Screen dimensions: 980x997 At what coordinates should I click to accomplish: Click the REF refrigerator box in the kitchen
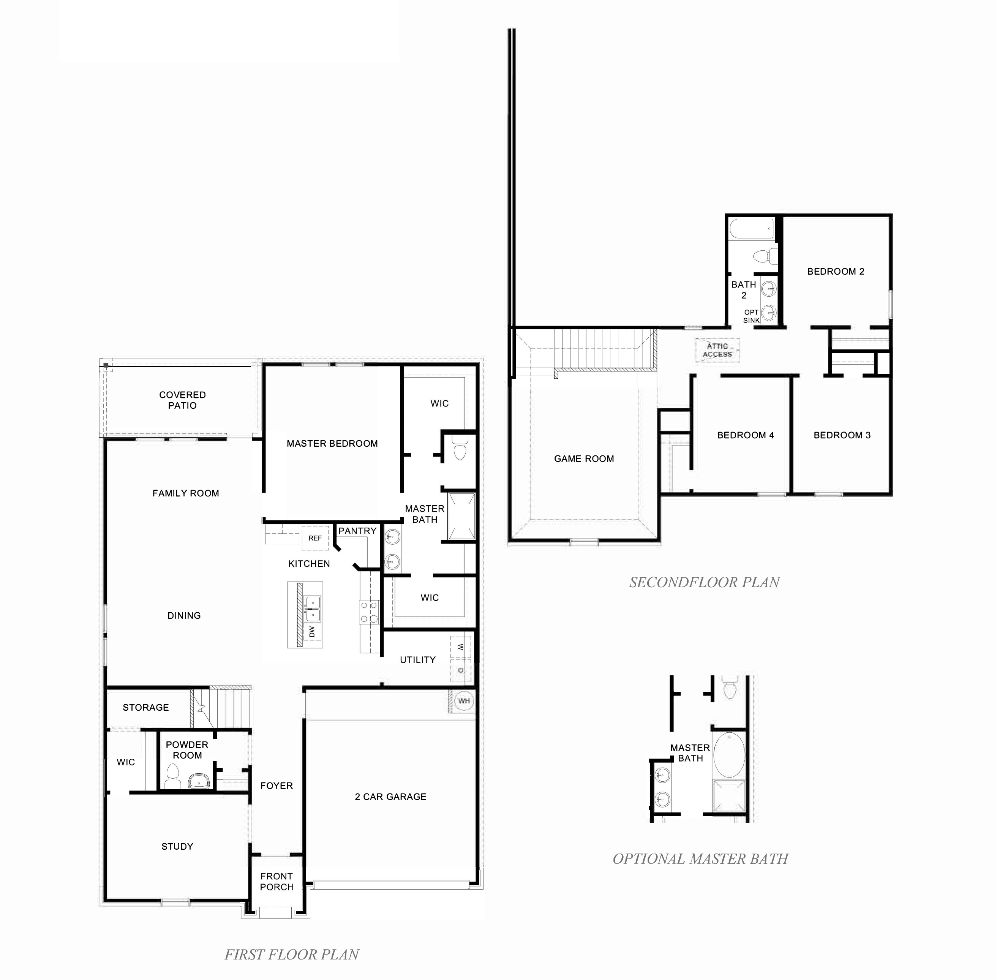click(x=314, y=538)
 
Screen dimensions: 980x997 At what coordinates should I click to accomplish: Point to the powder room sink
click(x=199, y=782)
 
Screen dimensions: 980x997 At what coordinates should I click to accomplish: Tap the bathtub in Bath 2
click(x=752, y=229)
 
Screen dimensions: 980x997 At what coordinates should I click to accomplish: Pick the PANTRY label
click(x=357, y=531)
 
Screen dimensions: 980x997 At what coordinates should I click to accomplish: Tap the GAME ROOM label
click(x=584, y=458)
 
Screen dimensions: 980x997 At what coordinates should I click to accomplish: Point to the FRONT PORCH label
click(x=277, y=882)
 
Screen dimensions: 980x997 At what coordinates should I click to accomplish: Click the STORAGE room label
click(x=146, y=708)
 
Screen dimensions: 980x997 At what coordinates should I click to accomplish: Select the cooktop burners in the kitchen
click(x=369, y=612)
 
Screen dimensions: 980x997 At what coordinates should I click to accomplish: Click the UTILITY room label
click(x=417, y=660)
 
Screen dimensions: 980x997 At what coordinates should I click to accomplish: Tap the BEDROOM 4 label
click(x=745, y=435)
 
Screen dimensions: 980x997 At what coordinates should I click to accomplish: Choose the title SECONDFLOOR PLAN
click(x=704, y=583)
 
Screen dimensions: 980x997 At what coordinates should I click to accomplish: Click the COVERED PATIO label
click(x=182, y=400)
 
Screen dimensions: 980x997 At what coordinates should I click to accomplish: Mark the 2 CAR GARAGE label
click(x=390, y=797)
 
